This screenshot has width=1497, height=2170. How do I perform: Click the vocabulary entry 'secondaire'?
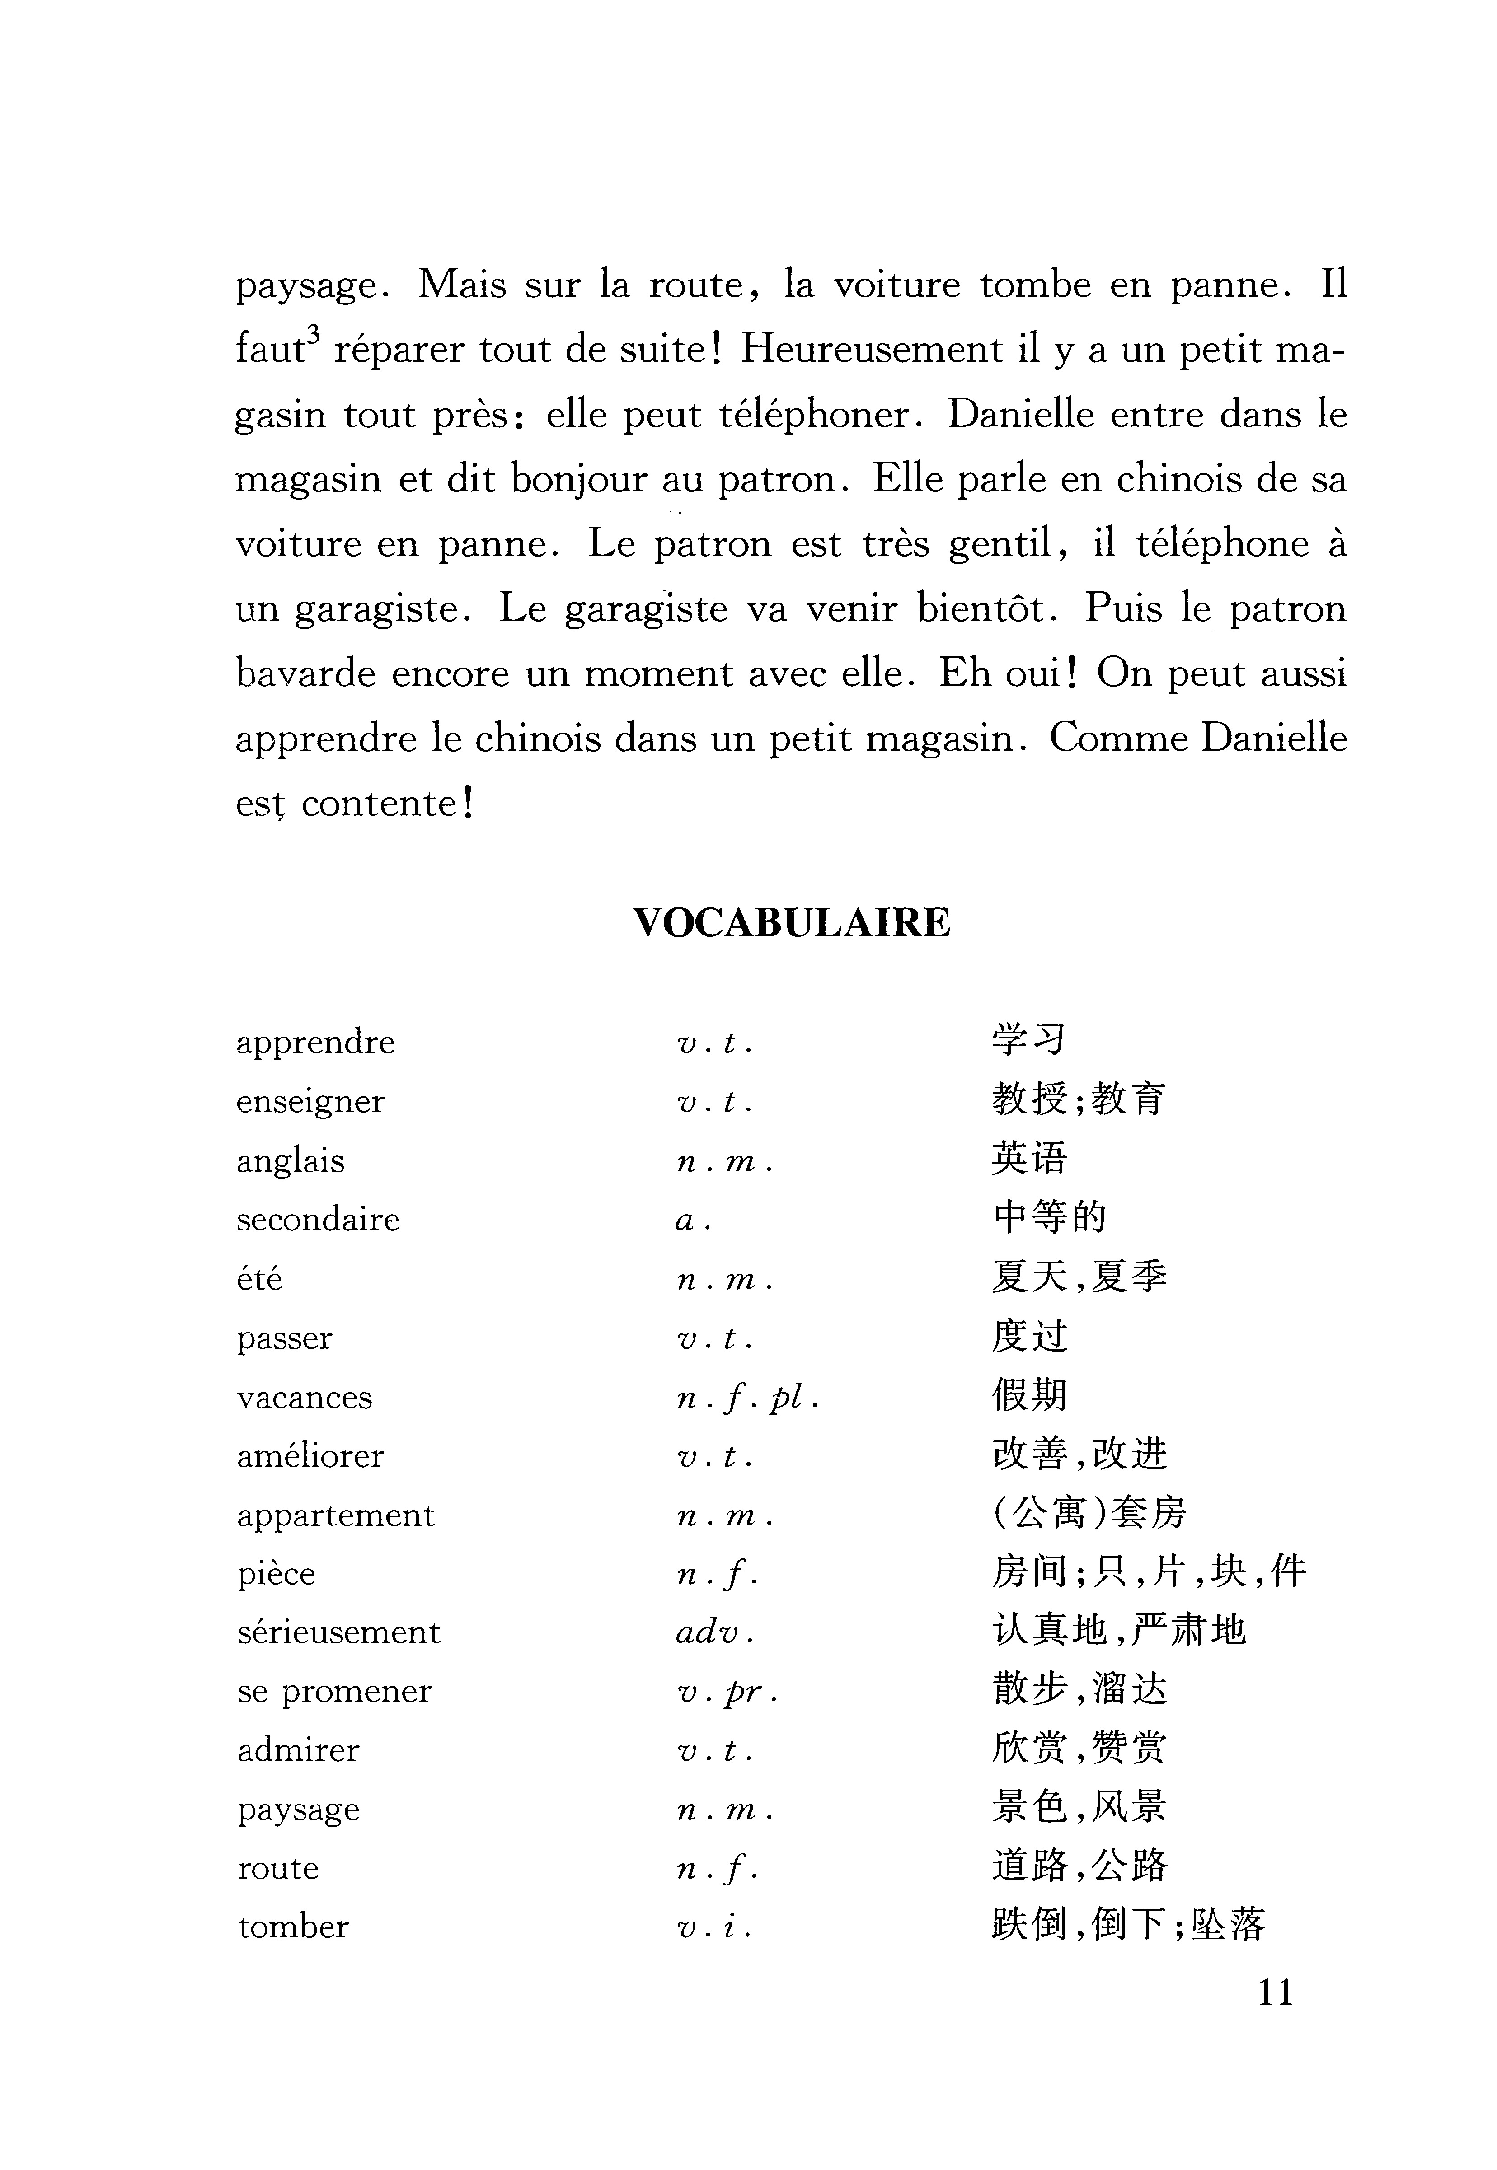pos(318,1220)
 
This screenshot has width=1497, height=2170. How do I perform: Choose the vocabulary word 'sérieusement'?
pos(338,1632)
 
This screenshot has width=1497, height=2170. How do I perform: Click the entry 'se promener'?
pos(334,1692)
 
